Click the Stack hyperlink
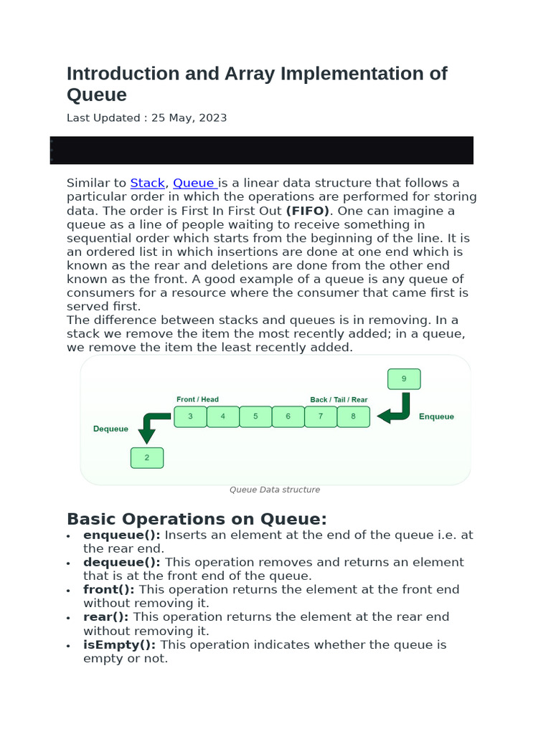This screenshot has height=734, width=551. click(x=147, y=183)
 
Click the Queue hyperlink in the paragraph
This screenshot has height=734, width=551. click(x=194, y=183)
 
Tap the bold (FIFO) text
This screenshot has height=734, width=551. click(x=308, y=211)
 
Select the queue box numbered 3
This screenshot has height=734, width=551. click(x=190, y=416)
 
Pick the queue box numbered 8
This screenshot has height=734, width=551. click(x=353, y=416)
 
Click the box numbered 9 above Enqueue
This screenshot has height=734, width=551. click(x=404, y=379)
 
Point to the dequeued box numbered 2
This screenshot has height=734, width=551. click(x=147, y=458)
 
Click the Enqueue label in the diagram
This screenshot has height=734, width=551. click(x=436, y=416)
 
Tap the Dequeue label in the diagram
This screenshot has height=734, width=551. click(x=111, y=429)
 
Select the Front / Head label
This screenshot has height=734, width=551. click(x=197, y=399)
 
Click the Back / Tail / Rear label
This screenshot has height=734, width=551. click(x=339, y=399)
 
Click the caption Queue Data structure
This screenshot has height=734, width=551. click(x=275, y=490)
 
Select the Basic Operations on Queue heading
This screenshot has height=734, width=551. click(x=197, y=519)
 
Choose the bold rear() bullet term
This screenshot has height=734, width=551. click(x=106, y=617)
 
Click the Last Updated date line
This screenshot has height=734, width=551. click(x=146, y=118)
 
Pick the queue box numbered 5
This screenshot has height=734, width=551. click(x=255, y=416)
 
